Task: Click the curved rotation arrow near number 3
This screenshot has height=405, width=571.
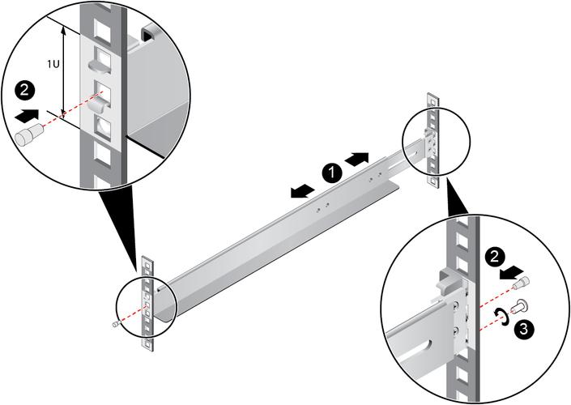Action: tap(503, 316)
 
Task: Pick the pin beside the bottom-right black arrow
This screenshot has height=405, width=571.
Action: tap(526, 283)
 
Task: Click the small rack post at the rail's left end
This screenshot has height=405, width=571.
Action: tap(147, 305)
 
